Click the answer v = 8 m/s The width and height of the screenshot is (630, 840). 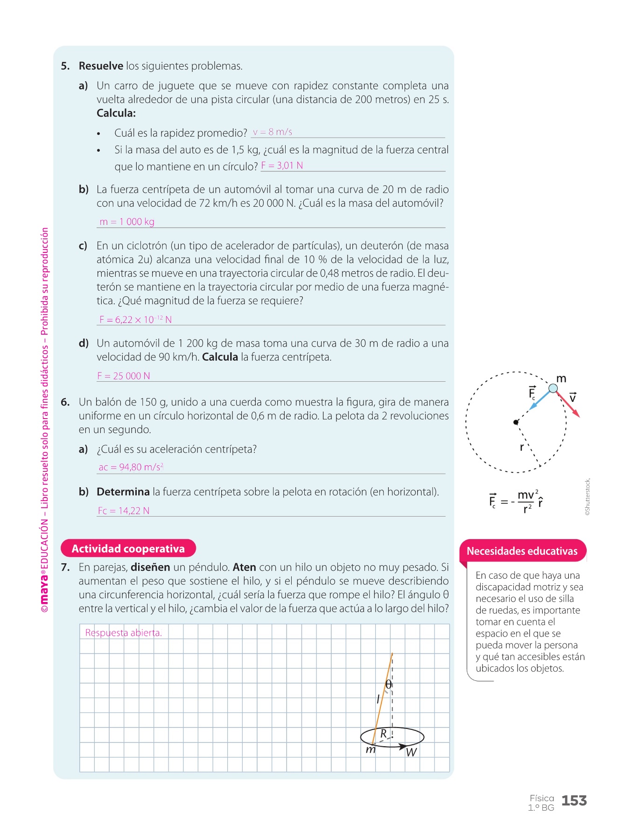273,132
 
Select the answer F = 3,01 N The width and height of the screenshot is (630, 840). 282,166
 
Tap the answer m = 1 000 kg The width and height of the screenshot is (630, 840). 127,222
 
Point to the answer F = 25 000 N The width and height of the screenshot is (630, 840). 124,376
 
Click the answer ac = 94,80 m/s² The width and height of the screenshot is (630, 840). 131,467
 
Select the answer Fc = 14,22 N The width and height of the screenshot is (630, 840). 124,511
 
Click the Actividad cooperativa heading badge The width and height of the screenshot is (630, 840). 128,548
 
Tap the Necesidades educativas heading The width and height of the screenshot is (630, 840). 522,551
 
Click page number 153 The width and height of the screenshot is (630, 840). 574,801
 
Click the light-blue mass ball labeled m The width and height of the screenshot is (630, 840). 553,388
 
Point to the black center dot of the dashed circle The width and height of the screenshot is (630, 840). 516,422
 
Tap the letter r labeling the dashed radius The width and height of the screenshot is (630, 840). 522,447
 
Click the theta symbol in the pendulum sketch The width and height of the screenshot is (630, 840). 388,684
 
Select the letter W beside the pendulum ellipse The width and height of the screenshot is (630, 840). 411,752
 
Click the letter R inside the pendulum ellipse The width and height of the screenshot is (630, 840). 384,734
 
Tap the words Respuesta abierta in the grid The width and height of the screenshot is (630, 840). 123,633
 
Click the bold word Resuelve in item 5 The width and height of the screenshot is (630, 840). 101,66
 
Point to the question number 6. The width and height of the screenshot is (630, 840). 65,402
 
